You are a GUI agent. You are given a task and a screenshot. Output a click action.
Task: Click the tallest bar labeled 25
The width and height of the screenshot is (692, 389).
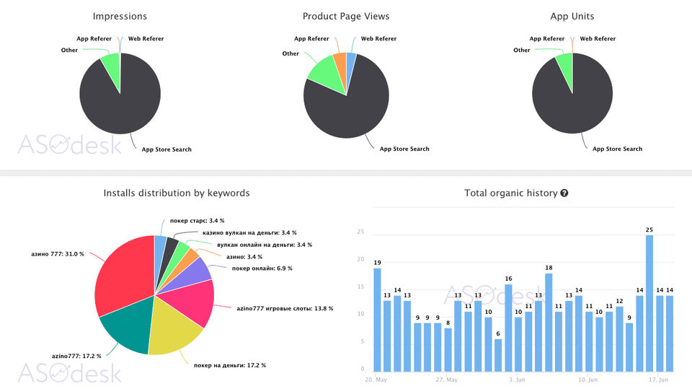click(x=649, y=303)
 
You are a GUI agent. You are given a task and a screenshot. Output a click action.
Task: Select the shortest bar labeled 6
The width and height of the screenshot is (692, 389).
click(x=498, y=355)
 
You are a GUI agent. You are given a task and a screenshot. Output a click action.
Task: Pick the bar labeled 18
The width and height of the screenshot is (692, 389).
click(x=549, y=322)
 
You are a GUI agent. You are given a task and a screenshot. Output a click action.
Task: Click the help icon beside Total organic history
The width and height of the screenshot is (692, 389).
click(x=564, y=193)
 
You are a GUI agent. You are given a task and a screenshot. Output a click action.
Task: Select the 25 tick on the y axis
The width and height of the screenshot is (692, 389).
click(x=360, y=232)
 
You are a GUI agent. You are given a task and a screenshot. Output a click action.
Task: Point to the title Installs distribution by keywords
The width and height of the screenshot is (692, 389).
click(x=177, y=193)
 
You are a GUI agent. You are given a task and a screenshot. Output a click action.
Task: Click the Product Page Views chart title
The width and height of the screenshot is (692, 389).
click(x=346, y=16)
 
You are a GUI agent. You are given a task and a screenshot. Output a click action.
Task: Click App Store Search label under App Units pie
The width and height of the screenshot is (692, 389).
click(x=617, y=149)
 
